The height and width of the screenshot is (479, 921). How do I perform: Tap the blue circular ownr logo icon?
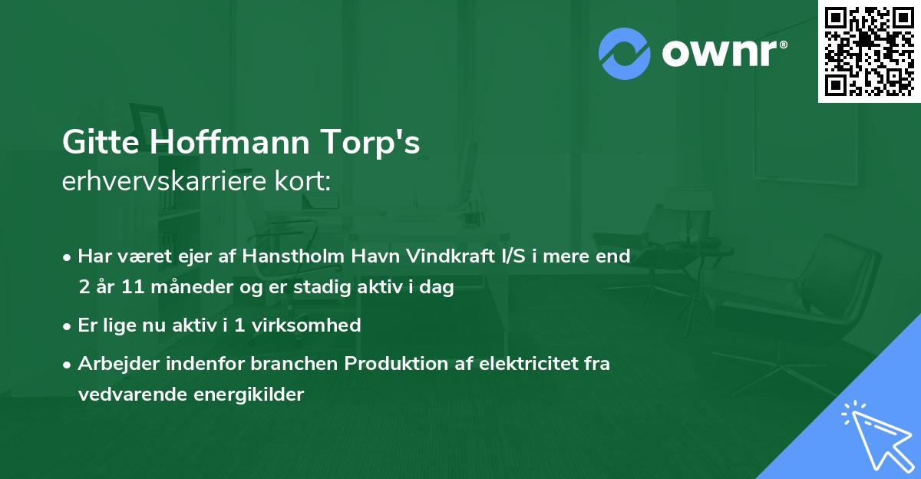pyautogui.click(x=625, y=54)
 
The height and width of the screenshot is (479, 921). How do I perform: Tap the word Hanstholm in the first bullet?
pyautogui.click(x=286, y=256)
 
